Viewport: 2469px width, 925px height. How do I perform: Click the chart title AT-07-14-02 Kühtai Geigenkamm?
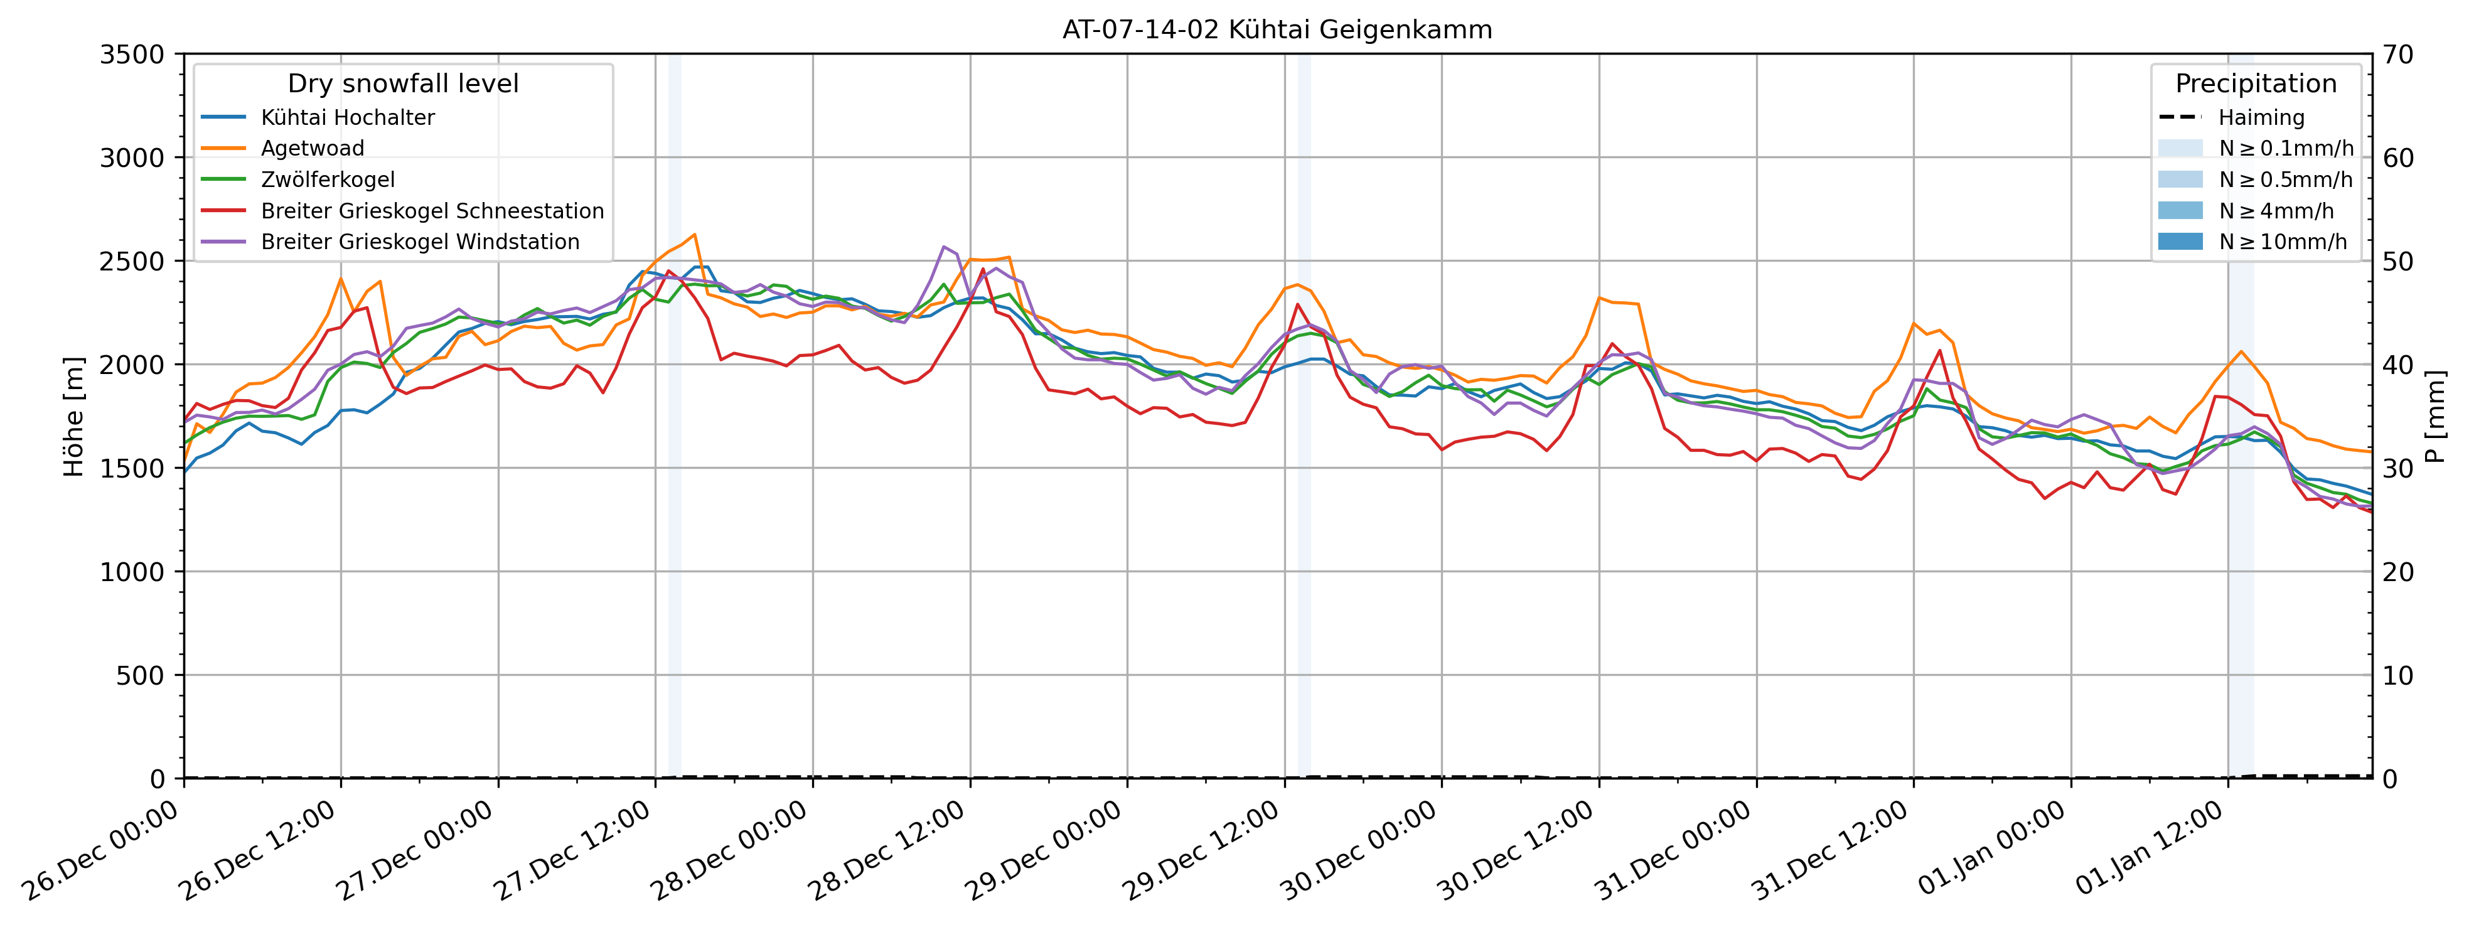click(x=1277, y=29)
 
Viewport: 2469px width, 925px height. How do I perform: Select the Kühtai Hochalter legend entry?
click(x=347, y=118)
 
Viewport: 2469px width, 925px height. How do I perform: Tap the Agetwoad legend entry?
click(x=313, y=149)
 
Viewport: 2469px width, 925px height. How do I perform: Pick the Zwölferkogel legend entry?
click(x=328, y=180)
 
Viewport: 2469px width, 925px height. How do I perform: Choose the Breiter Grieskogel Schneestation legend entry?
click(x=432, y=211)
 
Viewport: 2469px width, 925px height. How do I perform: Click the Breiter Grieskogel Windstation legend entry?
click(x=420, y=242)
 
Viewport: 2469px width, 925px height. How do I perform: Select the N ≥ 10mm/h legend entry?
click(x=2283, y=242)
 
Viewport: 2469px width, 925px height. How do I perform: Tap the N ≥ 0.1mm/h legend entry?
click(x=2286, y=149)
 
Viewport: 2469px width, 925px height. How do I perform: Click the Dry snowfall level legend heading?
click(x=402, y=84)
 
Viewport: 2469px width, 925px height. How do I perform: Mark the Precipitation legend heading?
click(x=2255, y=84)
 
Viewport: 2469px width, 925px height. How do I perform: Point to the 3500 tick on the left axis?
click(x=132, y=55)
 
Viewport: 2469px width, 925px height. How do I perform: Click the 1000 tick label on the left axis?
click(x=132, y=572)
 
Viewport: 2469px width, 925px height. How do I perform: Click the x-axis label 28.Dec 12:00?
click(x=887, y=851)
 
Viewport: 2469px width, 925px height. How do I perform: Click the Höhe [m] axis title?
click(x=74, y=417)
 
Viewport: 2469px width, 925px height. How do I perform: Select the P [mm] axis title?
click(x=2436, y=417)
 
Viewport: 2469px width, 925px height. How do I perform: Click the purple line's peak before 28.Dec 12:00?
click(x=944, y=247)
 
